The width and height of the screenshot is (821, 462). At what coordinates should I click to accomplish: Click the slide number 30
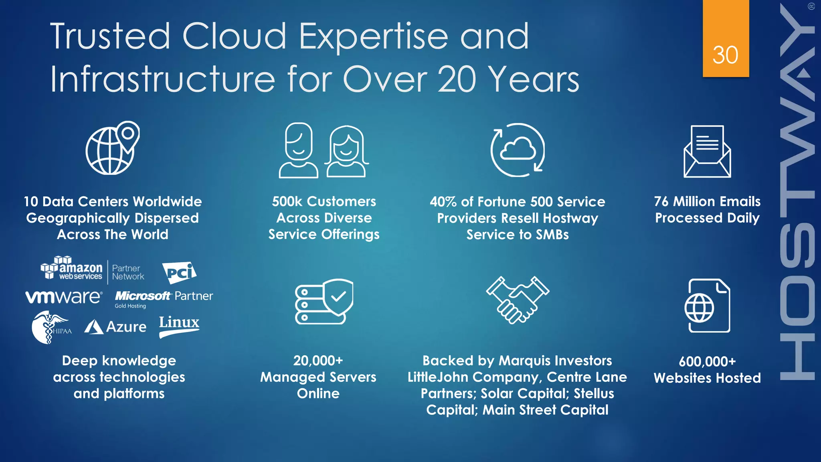725,55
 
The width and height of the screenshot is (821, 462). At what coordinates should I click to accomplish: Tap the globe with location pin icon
113,148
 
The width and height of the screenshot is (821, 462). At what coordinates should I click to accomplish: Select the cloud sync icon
518,150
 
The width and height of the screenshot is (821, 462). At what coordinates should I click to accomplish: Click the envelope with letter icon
707,152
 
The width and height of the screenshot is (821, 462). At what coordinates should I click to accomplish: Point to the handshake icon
518,300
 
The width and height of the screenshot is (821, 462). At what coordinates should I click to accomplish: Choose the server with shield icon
324,301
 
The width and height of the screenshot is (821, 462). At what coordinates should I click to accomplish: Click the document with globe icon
707,306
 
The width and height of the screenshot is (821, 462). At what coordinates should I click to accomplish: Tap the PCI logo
179,273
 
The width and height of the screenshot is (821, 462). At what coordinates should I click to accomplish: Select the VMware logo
64,297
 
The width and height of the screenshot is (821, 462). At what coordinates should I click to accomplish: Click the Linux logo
179,326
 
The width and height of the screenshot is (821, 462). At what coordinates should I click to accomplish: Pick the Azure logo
115,327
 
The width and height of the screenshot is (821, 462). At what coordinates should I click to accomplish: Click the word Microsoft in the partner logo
143,296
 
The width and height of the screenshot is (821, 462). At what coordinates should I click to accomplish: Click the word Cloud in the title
234,36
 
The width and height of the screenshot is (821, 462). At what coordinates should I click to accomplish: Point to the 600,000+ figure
707,361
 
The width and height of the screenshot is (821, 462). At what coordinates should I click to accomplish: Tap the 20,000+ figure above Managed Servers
318,361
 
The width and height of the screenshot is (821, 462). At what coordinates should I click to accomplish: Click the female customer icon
346,152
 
